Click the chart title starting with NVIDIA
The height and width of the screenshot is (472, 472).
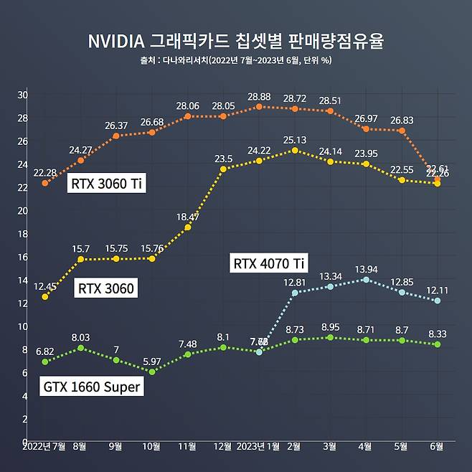[x=235, y=40]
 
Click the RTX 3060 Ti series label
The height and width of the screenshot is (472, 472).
[x=107, y=184]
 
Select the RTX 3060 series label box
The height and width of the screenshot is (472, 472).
[x=106, y=289]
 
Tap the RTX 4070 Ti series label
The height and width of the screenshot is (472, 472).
[x=269, y=263]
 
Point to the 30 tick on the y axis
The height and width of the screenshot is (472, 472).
[x=22, y=95]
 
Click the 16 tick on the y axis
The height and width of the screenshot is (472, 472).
[x=22, y=257]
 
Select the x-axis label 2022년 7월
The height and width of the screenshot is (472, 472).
[x=44, y=446]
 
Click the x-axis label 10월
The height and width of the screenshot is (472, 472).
[x=151, y=446]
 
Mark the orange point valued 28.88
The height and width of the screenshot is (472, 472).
[x=259, y=107]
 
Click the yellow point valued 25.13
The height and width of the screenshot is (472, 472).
[x=294, y=150]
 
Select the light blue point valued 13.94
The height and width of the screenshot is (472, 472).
[x=366, y=279]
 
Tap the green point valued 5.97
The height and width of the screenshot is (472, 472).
[x=151, y=372]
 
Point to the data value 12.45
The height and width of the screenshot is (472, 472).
[x=44, y=285]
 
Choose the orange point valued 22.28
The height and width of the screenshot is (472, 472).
[x=44, y=183]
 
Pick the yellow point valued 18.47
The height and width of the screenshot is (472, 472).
[x=187, y=227]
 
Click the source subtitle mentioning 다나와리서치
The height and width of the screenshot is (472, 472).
[x=235, y=60]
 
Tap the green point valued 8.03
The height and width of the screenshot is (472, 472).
[x=80, y=348]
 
